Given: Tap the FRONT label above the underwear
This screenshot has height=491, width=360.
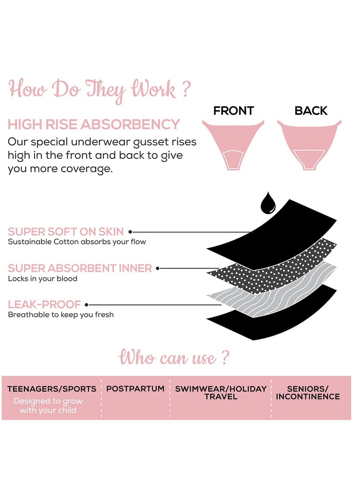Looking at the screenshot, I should tap(234, 111).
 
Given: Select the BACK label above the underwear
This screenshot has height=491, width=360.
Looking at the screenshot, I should tap(311, 111).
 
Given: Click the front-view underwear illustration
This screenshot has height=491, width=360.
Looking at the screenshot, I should tap(233, 142).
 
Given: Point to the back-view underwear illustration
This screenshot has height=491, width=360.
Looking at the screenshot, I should tap(309, 142).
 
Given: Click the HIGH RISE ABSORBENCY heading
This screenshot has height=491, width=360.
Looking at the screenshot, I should tap(94, 125).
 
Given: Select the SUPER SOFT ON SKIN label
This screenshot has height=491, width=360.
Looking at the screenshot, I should tap(66, 232).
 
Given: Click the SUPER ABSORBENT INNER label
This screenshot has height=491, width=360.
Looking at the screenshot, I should tap(80, 269).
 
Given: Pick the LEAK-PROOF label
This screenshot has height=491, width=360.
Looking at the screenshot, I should tap(45, 305).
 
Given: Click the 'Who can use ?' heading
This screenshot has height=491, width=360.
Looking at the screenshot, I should tap(174, 358).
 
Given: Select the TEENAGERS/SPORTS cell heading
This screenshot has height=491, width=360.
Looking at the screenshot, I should tap(52, 389).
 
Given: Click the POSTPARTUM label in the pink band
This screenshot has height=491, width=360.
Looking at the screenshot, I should tap(135, 388).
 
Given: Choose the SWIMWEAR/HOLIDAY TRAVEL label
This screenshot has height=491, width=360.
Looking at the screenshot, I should tap(221, 392).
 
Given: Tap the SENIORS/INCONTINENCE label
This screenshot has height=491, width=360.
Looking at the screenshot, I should tap(308, 392).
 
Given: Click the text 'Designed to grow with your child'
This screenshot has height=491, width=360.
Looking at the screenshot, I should tap(48, 405).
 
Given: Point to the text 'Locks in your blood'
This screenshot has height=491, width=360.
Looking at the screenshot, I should tap(43, 279).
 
